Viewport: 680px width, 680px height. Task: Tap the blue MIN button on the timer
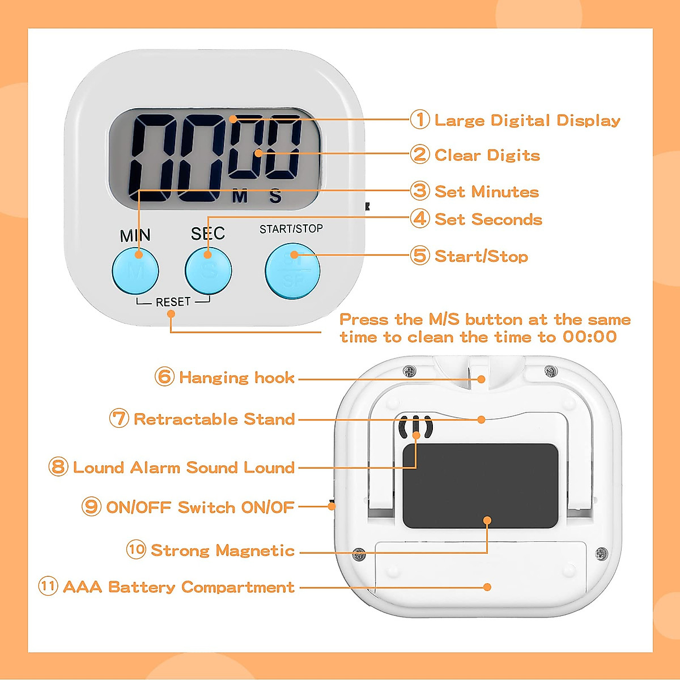tap(135, 270)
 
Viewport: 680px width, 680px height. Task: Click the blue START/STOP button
tap(292, 271)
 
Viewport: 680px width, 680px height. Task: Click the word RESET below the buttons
tap(173, 302)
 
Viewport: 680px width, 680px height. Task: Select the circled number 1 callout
tap(420, 120)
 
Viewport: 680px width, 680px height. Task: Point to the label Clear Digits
tap(487, 155)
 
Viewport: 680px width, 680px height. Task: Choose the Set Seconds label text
tap(488, 219)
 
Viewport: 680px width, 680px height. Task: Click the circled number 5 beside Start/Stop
tap(420, 256)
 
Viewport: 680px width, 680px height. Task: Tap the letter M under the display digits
tap(240, 197)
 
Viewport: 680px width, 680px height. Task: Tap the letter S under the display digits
tap(275, 197)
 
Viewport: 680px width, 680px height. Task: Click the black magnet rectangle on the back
tap(481, 486)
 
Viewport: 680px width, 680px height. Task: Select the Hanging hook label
tap(236, 377)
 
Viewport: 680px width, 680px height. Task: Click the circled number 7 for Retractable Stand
tap(119, 419)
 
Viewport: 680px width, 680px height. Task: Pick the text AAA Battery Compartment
tap(178, 587)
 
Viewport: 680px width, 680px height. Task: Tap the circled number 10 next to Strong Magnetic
tap(136, 550)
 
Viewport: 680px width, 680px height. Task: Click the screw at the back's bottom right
tap(601, 553)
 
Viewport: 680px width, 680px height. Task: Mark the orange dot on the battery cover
tap(487, 587)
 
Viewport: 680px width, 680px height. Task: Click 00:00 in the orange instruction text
tap(589, 337)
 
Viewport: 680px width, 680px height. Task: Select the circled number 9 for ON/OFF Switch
tap(92, 506)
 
